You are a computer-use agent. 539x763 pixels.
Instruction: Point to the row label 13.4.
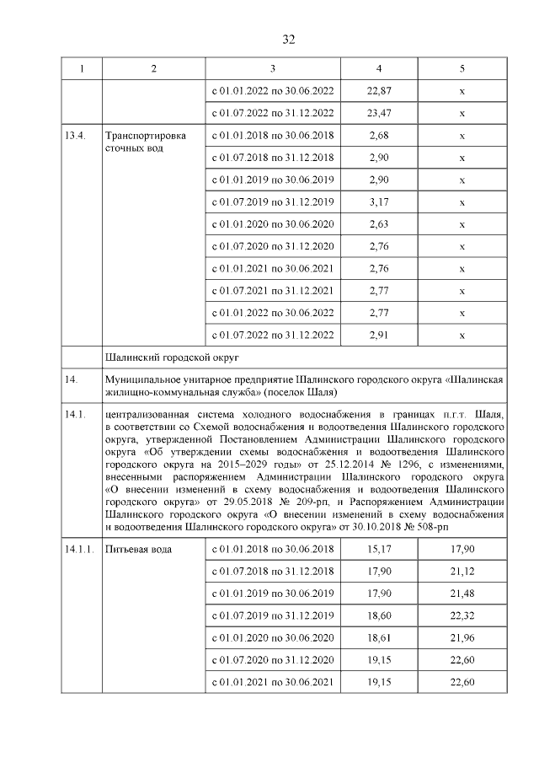pos(77,136)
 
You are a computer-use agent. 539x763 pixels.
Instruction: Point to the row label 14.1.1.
pos(81,550)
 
